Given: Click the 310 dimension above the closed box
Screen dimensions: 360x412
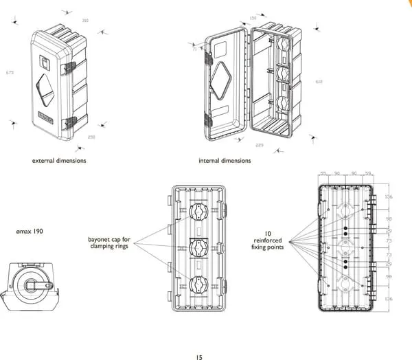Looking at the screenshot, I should tap(85, 21).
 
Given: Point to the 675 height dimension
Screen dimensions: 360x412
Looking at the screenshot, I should tap(10, 72).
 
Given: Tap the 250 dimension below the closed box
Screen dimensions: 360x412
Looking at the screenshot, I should tap(91, 137).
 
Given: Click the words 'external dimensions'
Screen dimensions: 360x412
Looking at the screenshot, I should tap(59, 161).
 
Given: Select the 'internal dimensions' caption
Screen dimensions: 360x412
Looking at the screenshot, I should tap(225, 161).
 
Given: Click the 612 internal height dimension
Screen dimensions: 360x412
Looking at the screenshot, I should tap(319, 82).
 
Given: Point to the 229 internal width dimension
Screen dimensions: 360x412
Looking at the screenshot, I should tap(259, 146).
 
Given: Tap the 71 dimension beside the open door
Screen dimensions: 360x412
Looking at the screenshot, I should tap(194, 49).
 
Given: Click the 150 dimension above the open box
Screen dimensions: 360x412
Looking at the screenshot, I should tap(253, 18).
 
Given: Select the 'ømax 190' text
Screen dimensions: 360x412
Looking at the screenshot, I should tap(29, 232).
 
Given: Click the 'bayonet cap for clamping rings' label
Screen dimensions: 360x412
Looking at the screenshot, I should tap(109, 243).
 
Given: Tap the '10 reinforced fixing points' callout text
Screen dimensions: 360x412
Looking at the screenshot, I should tap(268, 240).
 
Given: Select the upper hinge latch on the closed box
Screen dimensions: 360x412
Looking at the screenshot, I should tap(69, 68).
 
